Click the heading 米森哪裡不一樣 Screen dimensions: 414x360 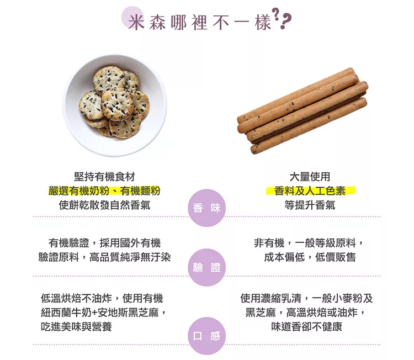tap(200, 22)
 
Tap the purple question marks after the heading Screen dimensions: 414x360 tap(282, 18)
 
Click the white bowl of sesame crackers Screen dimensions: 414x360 tap(115, 105)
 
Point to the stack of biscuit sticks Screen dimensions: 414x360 tap(302, 111)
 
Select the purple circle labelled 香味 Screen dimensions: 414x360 tap(207, 208)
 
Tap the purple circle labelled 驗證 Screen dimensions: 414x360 tap(207, 268)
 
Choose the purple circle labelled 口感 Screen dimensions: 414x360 tap(207, 336)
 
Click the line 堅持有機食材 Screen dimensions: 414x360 tap(104, 177)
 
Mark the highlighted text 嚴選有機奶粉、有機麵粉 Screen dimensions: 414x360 tap(104, 190)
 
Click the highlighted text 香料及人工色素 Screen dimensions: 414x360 tap(310, 190)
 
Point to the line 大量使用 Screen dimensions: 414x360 tap(310, 177)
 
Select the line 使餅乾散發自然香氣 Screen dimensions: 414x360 tap(104, 205)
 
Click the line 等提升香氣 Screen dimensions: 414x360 tap(310, 205)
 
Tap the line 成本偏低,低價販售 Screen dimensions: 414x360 tap(310, 257)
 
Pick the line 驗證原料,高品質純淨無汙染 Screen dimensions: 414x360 tap(104, 257)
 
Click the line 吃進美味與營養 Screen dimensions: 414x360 tap(77, 327)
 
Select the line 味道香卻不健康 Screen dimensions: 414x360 tap(307, 327)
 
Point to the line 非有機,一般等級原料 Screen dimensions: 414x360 tap(309, 243)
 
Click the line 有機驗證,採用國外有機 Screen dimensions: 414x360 tap(104, 243)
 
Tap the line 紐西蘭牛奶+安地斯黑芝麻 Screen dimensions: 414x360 tap(103, 313)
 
